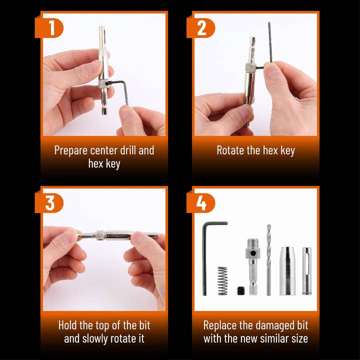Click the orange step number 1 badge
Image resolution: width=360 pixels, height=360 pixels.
click(49, 28)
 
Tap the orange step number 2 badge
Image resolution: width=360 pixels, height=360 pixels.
click(200, 28)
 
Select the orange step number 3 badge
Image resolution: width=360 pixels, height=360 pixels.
click(49, 203)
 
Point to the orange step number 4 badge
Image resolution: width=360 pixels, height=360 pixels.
click(200, 203)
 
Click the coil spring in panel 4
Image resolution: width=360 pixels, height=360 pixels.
click(222, 280)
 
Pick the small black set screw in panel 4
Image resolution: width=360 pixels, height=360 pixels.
click(241, 290)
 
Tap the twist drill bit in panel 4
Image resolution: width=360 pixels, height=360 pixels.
click(268, 260)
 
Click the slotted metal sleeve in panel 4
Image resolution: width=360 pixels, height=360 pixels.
click(306, 270)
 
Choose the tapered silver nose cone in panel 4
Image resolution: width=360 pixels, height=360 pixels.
click(287, 271)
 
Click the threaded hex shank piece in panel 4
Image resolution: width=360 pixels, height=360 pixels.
click(252, 266)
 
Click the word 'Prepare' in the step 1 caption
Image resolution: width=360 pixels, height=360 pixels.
click(70, 151)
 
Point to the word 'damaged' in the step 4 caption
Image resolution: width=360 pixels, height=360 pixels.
click(273, 326)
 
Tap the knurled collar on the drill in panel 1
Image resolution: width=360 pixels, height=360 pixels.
click(103, 84)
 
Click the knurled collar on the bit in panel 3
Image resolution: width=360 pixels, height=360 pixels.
click(101, 235)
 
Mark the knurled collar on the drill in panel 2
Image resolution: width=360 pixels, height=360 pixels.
click(250, 67)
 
